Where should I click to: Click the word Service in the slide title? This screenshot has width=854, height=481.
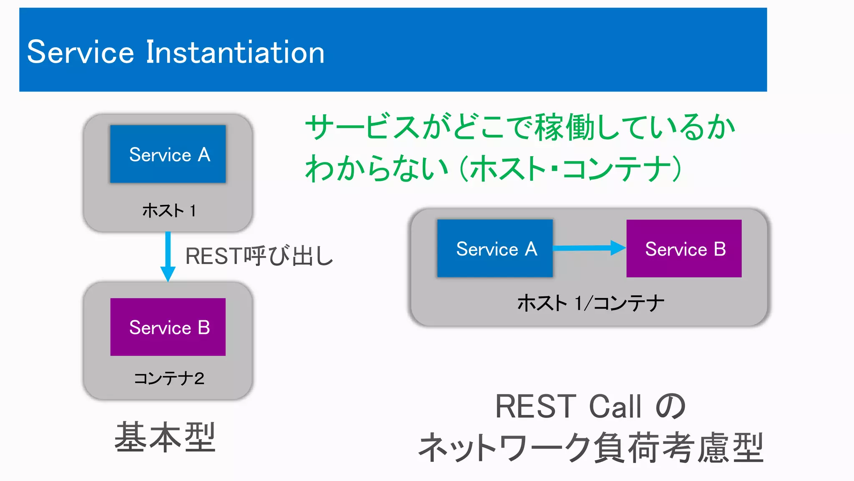click(x=80, y=52)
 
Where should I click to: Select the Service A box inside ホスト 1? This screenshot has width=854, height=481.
click(x=168, y=154)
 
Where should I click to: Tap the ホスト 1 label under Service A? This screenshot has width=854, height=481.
click(x=168, y=210)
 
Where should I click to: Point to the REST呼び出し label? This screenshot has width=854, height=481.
click(x=259, y=256)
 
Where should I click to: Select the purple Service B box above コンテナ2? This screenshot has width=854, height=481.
click(x=168, y=327)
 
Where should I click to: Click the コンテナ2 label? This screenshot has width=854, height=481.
click(x=168, y=378)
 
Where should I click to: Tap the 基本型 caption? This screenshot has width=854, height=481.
click(x=165, y=437)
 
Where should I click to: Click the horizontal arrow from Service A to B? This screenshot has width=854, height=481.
click(x=588, y=248)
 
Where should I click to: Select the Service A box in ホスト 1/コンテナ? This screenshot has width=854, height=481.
click(x=495, y=248)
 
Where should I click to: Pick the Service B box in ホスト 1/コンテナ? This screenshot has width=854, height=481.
click(x=684, y=248)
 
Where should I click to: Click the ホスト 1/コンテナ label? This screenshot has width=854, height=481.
click(x=590, y=303)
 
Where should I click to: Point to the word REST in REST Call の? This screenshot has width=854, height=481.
click(x=535, y=406)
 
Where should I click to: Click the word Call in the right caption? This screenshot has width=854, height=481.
click(x=615, y=406)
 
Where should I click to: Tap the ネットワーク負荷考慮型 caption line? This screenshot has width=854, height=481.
click(x=590, y=448)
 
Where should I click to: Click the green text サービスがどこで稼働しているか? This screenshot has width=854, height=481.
click(x=520, y=127)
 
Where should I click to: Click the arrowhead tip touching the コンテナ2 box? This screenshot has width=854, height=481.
click(x=168, y=280)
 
